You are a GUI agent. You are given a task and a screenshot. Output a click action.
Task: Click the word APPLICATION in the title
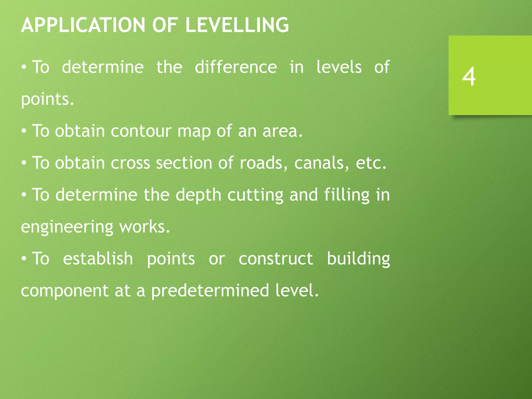(x=83, y=25)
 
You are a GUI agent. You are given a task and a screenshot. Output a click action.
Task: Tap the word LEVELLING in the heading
(x=237, y=25)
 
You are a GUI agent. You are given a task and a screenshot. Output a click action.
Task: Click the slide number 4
(x=469, y=76)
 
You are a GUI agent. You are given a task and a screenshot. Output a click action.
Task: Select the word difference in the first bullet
(x=236, y=67)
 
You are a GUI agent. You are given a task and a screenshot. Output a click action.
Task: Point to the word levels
(x=339, y=67)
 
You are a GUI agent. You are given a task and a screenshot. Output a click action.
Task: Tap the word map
(x=194, y=131)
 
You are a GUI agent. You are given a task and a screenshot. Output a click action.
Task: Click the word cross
(x=130, y=163)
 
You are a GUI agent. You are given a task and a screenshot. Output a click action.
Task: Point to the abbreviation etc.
(x=371, y=163)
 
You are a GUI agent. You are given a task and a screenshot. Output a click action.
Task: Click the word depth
(x=198, y=195)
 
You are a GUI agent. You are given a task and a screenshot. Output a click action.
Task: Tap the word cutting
(x=255, y=195)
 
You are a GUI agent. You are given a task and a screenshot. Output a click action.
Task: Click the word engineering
(x=67, y=227)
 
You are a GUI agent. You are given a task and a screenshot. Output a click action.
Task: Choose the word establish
(x=98, y=259)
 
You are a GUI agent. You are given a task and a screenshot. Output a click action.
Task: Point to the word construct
(x=276, y=259)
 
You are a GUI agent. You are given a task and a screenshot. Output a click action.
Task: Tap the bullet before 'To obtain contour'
(x=24, y=131)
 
